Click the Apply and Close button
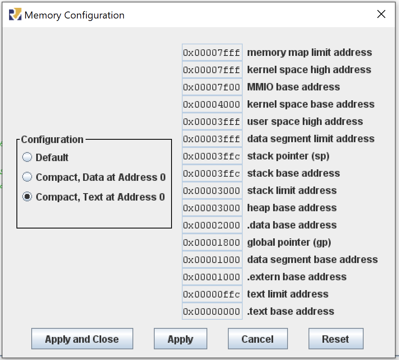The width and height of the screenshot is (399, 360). pyautogui.click(x=82, y=339)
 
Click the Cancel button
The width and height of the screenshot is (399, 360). pyautogui.click(x=257, y=339)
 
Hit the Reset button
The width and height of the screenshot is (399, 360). pyautogui.click(x=335, y=339)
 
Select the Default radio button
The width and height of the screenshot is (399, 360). pyautogui.click(x=27, y=157)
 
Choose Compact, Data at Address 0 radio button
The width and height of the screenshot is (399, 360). pyautogui.click(x=27, y=177)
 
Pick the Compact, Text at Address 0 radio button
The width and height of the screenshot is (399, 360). pyautogui.click(x=27, y=197)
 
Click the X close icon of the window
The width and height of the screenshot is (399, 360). pyautogui.click(x=381, y=14)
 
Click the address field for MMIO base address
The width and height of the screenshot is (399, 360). pyautogui.click(x=212, y=87)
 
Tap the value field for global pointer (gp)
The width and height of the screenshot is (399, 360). pyautogui.click(x=212, y=242)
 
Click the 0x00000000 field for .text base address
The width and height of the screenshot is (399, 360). pyautogui.click(x=212, y=312)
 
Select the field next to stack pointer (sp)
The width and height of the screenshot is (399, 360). pyautogui.click(x=212, y=156)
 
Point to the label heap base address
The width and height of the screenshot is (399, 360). pyautogui.click(x=292, y=208)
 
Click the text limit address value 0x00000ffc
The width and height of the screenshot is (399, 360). pyautogui.click(x=212, y=294)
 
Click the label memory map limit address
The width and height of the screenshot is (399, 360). pyautogui.click(x=309, y=53)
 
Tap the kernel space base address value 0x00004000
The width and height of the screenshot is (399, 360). pyautogui.click(x=212, y=104)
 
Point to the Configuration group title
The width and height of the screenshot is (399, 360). pyautogui.click(x=52, y=140)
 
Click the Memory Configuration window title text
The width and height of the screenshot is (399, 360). pyautogui.click(x=74, y=15)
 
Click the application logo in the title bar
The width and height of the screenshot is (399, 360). pyautogui.click(x=15, y=15)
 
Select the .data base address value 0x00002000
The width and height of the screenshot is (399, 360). pyautogui.click(x=212, y=225)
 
